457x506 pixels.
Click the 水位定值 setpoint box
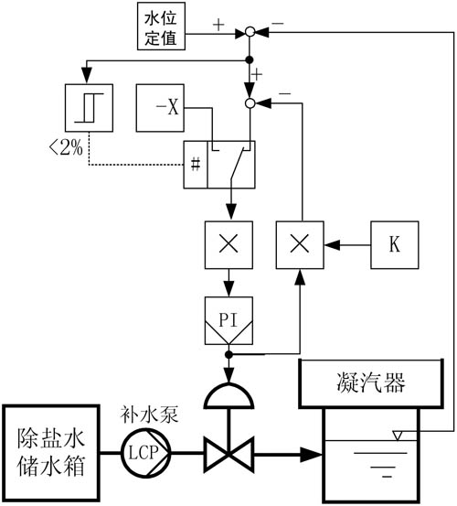tap(161, 27)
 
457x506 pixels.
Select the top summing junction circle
tap(250, 32)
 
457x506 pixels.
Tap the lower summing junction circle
tap(250, 103)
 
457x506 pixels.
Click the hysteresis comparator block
tap(89, 108)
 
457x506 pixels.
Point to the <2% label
tap(66, 149)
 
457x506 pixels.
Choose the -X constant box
tap(160, 108)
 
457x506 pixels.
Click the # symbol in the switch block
tap(196, 165)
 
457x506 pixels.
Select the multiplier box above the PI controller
tap(228, 245)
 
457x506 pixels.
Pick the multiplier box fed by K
tap(300, 245)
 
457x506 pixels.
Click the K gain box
tap(395, 245)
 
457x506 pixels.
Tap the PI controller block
tap(228, 321)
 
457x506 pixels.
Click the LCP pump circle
tap(145, 453)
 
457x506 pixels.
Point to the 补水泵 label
tap(149, 414)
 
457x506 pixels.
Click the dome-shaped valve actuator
tap(228, 395)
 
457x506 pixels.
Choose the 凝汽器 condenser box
tap(371, 383)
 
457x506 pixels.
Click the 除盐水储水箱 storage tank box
tap(50, 453)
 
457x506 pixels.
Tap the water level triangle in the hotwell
tap(398, 436)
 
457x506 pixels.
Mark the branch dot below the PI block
tap(228, 355)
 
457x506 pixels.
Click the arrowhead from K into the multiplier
tap(332, 245)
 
